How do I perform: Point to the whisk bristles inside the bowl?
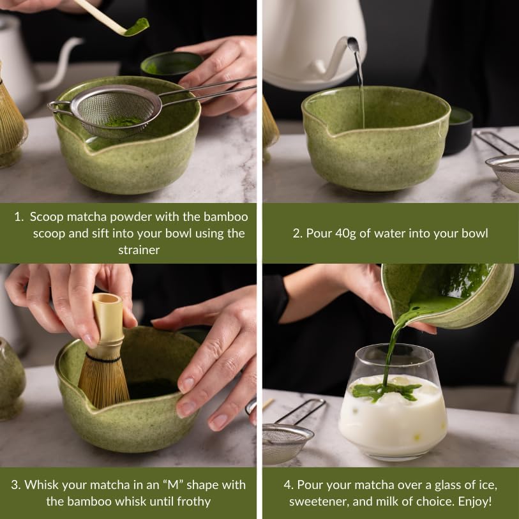click(x=104, y=379)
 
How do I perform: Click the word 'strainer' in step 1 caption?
click(x=139, y=250)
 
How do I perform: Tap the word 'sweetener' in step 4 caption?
click(x=319, y=501)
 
